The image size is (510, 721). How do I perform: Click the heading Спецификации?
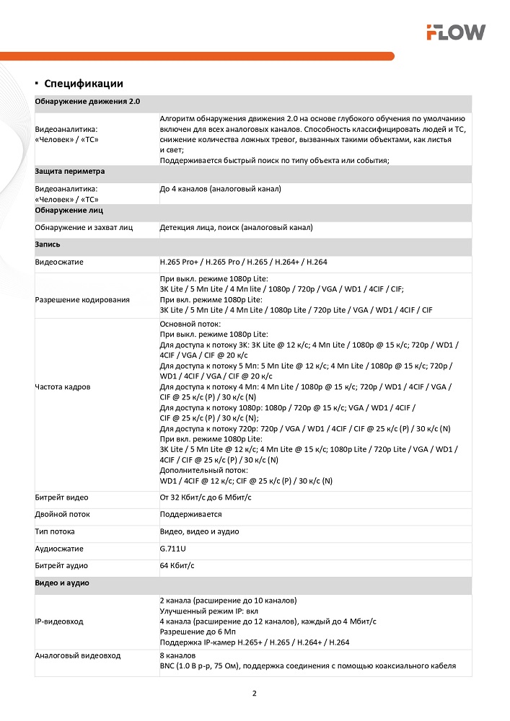click(x=84, y=84)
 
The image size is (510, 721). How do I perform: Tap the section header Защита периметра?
click(x=70, y=172)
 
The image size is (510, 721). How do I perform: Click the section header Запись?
click(x=48, y=245)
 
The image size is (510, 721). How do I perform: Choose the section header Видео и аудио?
click(x=62, y=583)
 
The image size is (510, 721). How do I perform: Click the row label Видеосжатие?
click(x=59, y=262)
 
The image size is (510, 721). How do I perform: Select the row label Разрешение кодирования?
click(x=82, y=299)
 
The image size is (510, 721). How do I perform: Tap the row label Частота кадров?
click(x=63, y=387)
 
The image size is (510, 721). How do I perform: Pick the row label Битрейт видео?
click(x=62, y=497)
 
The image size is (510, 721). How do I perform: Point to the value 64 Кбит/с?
click(x=177, y=566)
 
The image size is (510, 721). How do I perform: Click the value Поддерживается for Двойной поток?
click(x=190, y=515)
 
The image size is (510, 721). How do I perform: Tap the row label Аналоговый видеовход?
click(x=78, y=655)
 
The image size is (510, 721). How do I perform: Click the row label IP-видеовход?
click(x=59, y=621)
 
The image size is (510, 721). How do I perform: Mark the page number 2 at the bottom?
click(x=255, y=694)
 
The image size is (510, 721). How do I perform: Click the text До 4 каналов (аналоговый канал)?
click(x=220, y=189)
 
